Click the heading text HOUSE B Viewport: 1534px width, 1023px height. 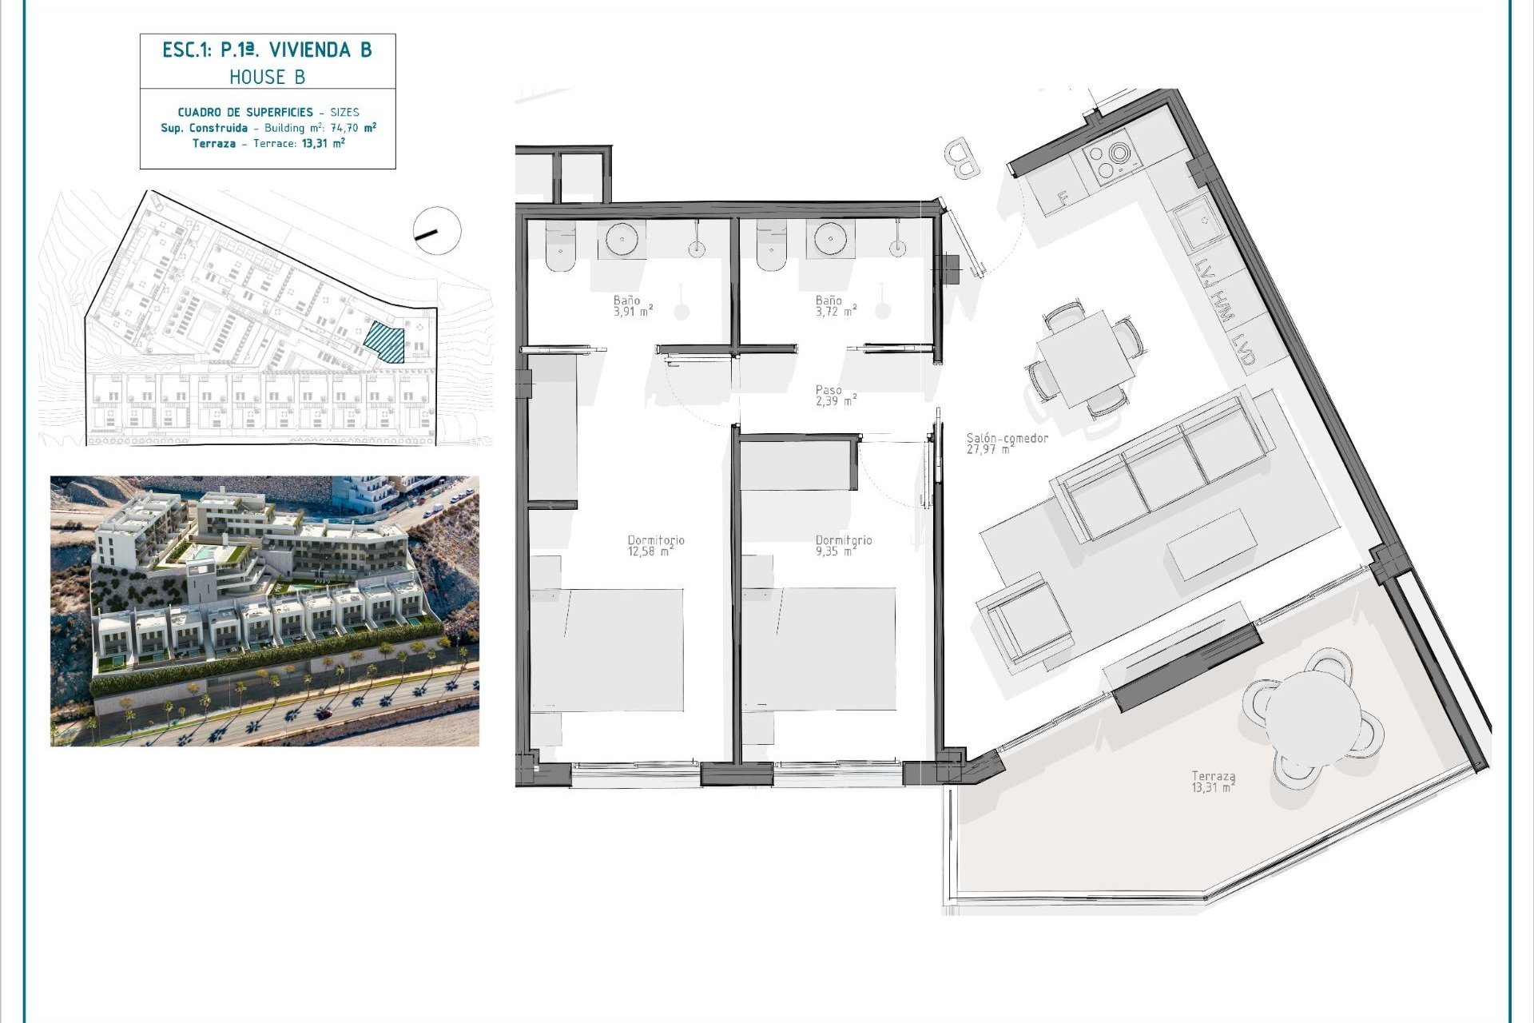pos(267,78)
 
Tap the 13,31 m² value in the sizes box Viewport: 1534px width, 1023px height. pos(323,144)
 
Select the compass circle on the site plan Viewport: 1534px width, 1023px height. pos(437,231)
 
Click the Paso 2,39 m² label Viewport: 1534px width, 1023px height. pos(836,396)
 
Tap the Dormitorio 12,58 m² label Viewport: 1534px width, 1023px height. pos(655,545)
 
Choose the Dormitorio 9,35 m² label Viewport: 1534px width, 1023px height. pos(843,545)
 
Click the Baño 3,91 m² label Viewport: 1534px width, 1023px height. pos(632,306)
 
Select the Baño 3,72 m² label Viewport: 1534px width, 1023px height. pos(835,306)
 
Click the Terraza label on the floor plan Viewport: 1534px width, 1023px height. pos(1213,781)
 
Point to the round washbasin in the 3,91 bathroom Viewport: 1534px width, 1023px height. pos(622,238)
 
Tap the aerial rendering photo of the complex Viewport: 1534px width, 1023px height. pos(264,611)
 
